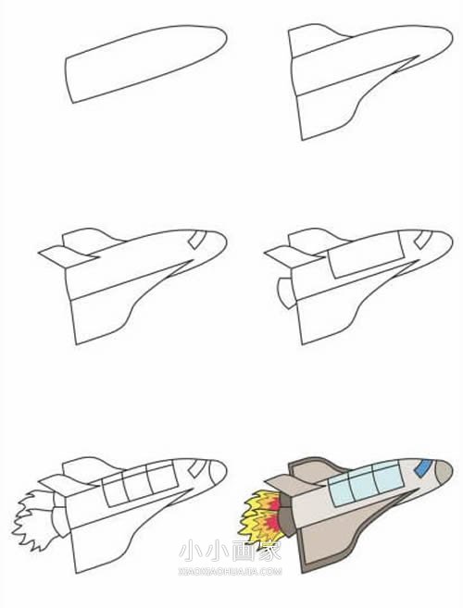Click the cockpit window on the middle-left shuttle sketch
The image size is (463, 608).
(x=196, y=242)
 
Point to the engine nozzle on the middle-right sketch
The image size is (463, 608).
(x=282, y=293)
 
